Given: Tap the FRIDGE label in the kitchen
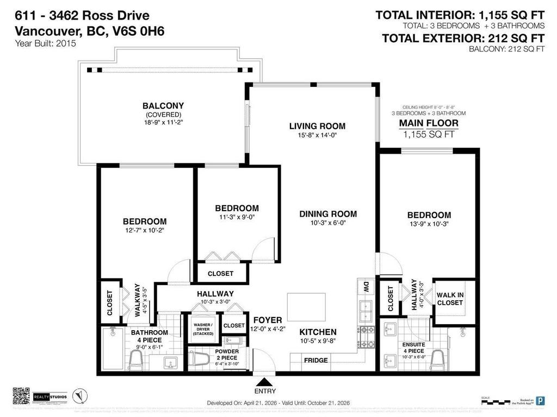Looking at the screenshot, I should pos(315,360).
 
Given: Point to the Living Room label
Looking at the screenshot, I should pos(317,126).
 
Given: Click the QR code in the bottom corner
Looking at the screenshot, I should pos(21,396).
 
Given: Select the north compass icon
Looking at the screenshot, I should pos(80,396).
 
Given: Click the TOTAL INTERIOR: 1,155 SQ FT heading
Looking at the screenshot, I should pos(460,15).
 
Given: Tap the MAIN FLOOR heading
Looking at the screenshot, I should pos(429,123).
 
